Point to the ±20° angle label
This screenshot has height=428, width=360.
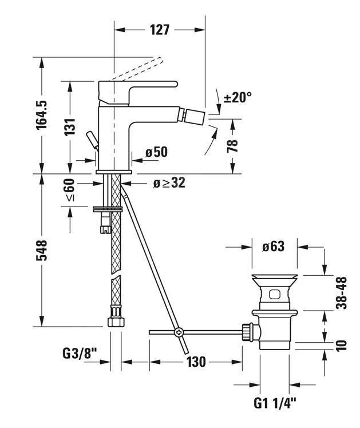click(x=237, y=97)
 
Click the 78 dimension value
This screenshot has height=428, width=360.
click(x=233, y=145)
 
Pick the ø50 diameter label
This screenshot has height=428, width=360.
click(x=156, y=152)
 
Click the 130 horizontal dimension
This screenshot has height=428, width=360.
click(x=195, y=362)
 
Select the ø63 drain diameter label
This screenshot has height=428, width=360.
click(x=273, y=247)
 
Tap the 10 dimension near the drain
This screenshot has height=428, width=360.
click(x=341, y=344)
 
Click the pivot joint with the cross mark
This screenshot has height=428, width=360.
click(x=179, y=331)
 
